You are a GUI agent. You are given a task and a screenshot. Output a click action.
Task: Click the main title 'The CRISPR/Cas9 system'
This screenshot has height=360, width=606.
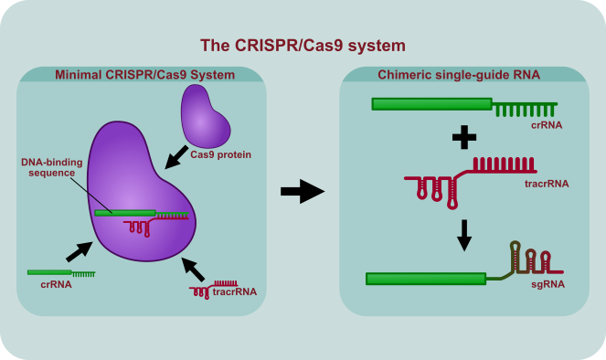(x=303, y=45)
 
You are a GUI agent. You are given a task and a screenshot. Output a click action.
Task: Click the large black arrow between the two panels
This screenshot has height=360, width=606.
(x=302, y=191)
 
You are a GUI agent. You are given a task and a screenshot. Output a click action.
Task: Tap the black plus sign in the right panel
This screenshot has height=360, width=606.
(x=464, y=139)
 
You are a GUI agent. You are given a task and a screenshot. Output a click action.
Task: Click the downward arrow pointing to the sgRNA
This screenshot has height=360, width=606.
(x=464, y=235)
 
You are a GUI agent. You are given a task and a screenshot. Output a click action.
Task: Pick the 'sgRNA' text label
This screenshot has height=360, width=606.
(x=548, y=284)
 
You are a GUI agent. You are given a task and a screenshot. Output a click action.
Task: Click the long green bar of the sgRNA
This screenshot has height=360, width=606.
(x=425, y=279)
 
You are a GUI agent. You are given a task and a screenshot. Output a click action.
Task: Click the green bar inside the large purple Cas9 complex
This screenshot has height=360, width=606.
(x=124, y=214)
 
